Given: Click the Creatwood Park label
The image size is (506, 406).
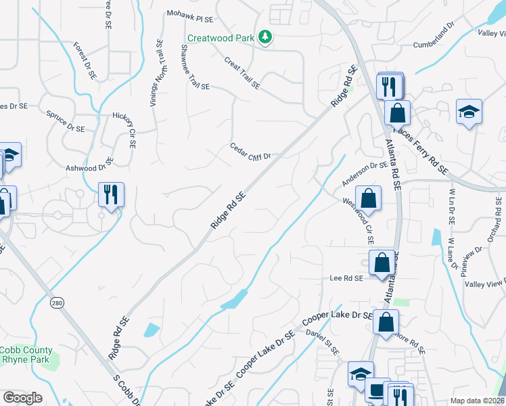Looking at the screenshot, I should [x=221, y=37].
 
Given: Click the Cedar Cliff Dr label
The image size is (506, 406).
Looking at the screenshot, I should [x=250, y=151].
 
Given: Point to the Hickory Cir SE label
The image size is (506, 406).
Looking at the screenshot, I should [x=124, y=129].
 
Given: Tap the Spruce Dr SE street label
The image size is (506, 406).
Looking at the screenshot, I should [x=65, y=122].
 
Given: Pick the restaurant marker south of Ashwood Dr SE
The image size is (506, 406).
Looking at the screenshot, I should [x=110, y=195].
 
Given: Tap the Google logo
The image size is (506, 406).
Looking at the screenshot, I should [x=22, y=397].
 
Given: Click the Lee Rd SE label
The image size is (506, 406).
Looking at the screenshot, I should [x=346, y=278].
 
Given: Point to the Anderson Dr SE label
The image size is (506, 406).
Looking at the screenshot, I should [x=365, y=174].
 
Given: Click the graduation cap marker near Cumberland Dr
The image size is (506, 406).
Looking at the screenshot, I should [x=469, y=112].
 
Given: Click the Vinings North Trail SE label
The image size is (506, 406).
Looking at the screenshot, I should [x=155, y=74].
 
